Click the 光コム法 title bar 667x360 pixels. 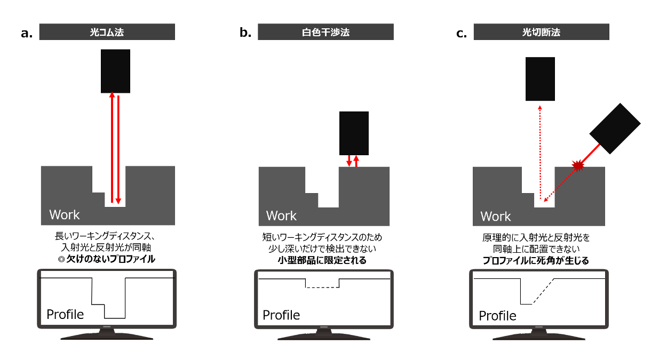point(107,33)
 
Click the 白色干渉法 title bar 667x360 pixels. point(325,33)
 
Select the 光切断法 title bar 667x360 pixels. point(541,33)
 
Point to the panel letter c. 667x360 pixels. point(462,34)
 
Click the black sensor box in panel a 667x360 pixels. point(115,71)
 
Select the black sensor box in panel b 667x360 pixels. point(354,133)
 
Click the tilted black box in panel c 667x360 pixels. point(615,127)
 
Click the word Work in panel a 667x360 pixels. point(65,215)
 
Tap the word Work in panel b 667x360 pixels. point(281,216)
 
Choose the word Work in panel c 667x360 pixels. point(496,217)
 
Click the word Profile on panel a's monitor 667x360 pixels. point(65,314)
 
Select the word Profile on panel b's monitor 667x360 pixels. point(281,315)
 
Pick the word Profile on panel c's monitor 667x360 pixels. point(497,316)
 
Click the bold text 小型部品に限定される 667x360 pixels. point(322,261)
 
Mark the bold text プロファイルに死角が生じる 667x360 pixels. point(539,261)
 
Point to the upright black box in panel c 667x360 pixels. point(540,79)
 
